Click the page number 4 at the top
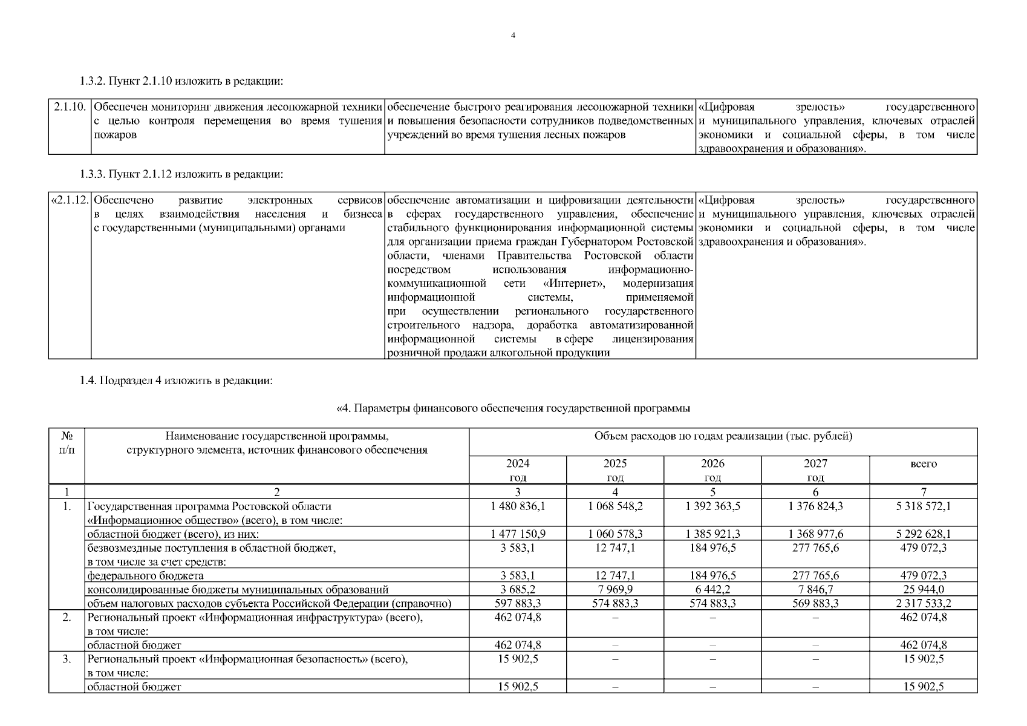(x=513, y=36)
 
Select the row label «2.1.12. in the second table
(x=70, y=200)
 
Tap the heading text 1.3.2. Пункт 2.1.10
(x=181, y=81)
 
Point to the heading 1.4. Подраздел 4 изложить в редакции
(x=177, y=381)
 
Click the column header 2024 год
(x=517, y=470)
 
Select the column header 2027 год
(x=815, y=470)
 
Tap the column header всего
(x=923, y=464)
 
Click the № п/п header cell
(x=67, y=443)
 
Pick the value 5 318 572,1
(x=923, y=506)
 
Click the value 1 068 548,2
(x=615, y=506)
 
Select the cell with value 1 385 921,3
(x=712, y=534)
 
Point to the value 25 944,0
(x=923, y=589)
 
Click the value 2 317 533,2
(x=923, y=603)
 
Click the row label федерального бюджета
(x=146, y=576)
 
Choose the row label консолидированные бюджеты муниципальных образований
(x=238, y=590)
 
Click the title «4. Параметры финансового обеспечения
(x=513, y=409)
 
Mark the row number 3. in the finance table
(x=67, y=659)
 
